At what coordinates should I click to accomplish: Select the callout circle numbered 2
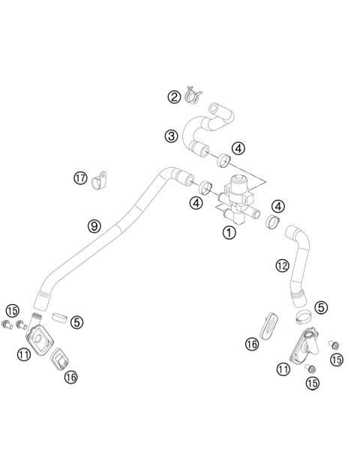173,97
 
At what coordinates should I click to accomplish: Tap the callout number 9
94,225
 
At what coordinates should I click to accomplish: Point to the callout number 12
282,265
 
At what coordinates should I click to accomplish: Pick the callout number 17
80,178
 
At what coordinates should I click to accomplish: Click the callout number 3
171,136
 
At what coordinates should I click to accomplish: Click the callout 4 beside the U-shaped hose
238,148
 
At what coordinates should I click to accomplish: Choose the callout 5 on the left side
77,322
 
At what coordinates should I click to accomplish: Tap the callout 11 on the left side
24,354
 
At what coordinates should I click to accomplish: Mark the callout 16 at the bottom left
71,377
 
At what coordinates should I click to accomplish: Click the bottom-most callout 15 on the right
311,382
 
